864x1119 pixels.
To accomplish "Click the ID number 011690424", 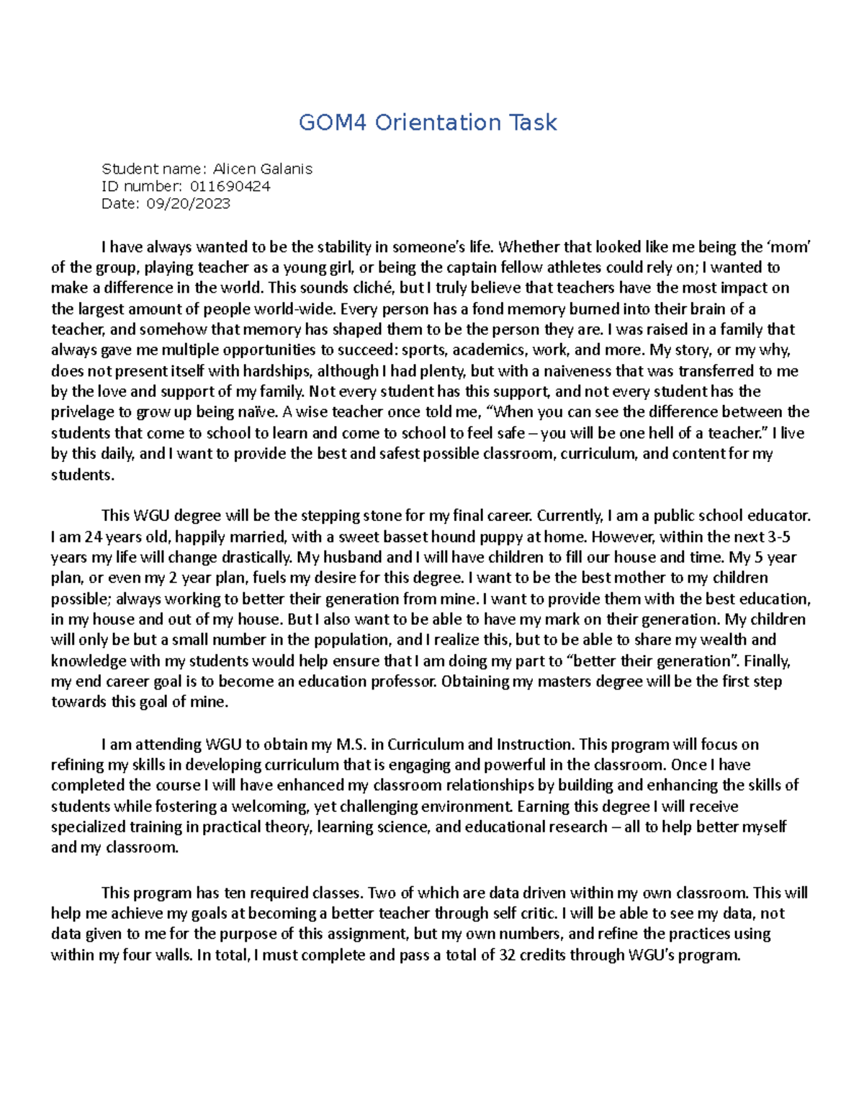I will click(230, 187).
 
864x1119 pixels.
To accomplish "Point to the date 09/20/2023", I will click(188, 204).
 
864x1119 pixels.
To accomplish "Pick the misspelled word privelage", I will click(80, 413).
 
